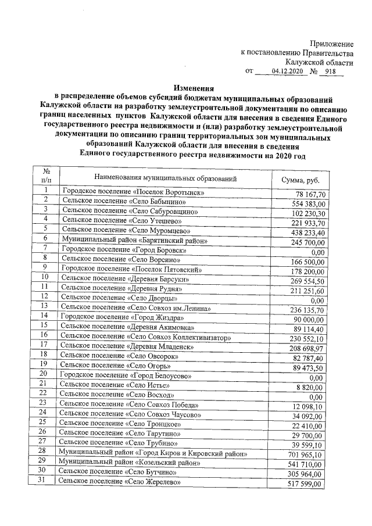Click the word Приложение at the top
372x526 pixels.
[x=331, y=44]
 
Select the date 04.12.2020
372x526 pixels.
[x=288, y=71]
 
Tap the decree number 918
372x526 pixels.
[x=331, y=71]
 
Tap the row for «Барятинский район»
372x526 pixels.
[x=142, y=240]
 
